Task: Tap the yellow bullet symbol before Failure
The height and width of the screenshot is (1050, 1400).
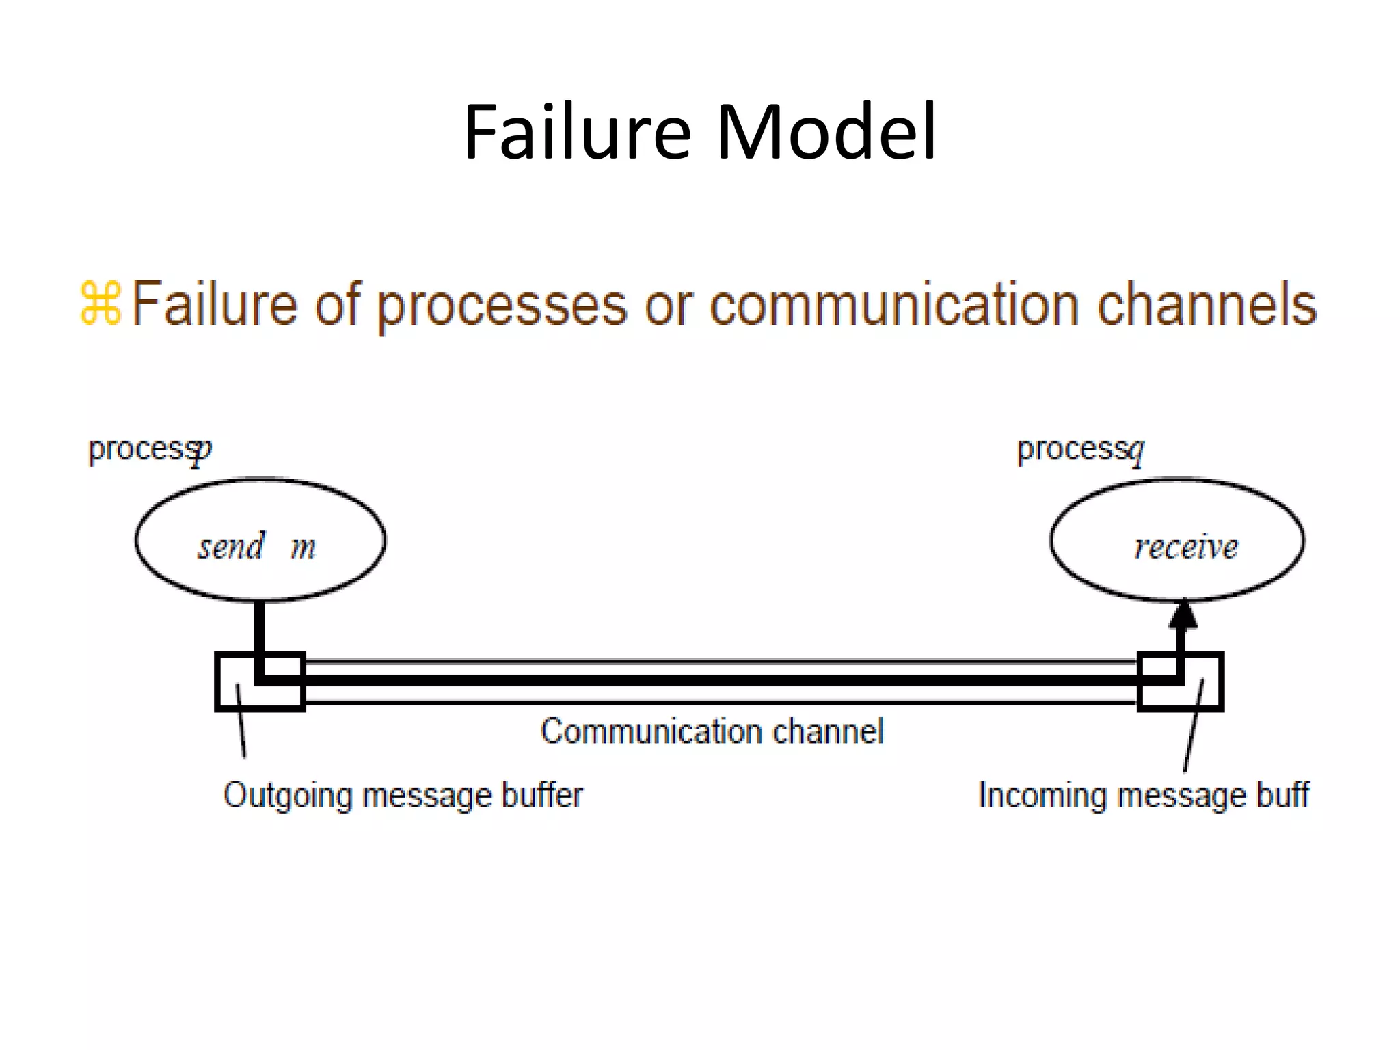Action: coord(100,303)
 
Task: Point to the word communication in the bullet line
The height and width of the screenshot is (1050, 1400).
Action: coord(896,304)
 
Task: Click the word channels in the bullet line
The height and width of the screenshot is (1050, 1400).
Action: coord(1207,304)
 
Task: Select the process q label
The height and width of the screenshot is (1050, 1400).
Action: coord(1080,450)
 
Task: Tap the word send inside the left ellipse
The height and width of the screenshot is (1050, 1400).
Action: coord(230,546)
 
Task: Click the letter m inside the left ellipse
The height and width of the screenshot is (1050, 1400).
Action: coord(303,548)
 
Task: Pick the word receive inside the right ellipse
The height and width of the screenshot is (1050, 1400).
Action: coord(1185,547)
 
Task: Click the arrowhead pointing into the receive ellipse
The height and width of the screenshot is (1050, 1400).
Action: coord(1183,615)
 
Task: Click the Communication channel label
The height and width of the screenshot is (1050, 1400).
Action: coord(712,731)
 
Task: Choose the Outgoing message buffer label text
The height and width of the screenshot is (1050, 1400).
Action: coord(403,795)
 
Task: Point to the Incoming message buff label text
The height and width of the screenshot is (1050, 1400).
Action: coord(1143,795)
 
